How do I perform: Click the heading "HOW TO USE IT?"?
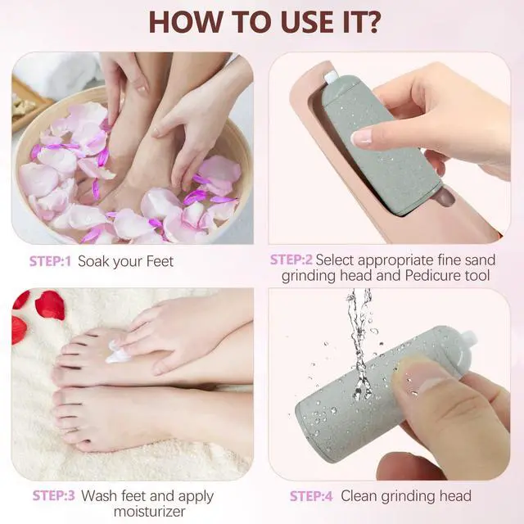click(261, 21)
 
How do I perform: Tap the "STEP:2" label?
click(291, 260)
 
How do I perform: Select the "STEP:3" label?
click(53, 496)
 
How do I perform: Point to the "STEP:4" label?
click(311, 496)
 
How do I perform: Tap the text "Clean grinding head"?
click(406, 496)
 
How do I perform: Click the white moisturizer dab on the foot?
click(120, 354)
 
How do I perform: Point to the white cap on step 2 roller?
click(332, 78)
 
